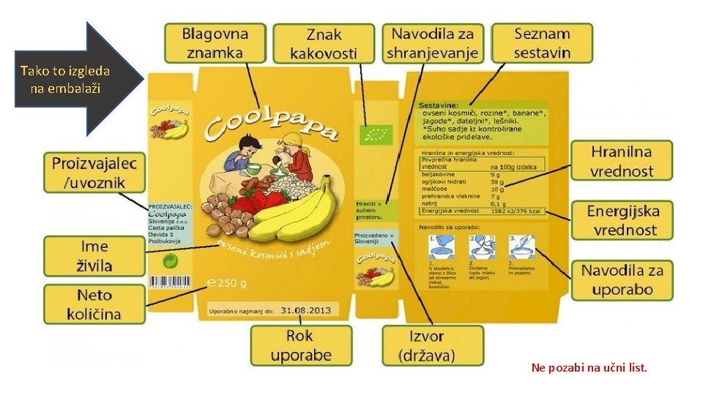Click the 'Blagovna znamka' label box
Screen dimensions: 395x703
pyautogui.click(x=215, y=42)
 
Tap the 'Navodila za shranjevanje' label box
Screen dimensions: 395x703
pyautogui.click(x=432, y=42)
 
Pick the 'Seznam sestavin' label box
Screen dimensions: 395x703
pyautogui.click(x=542, y=42)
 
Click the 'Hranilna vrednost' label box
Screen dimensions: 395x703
pyautogui.click(x=622, y=162)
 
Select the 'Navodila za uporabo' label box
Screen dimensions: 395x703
pyautogui.click(x=622, y=279)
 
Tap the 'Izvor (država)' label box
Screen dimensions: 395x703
pyautogui.click(x=432, y=346)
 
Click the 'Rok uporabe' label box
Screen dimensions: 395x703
pyautogui.click(x=301, y=346)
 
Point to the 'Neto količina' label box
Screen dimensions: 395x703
pyautogui.click(x=94, y=305)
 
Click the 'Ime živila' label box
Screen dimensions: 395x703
pyautogui.click(x=94, y=256)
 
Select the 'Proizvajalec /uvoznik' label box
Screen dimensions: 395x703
pyautogui.click(x=94, y=173)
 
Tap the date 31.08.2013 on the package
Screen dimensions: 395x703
pyautogui.click(x=305, y=310)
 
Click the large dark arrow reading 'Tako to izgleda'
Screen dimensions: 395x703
pyautogui.click(x=73, y=79)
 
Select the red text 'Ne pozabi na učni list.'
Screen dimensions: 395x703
pyautogui.click(x=589, y=368)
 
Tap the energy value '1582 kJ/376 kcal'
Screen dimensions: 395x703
pyautogui.click(x=517, y=211)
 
